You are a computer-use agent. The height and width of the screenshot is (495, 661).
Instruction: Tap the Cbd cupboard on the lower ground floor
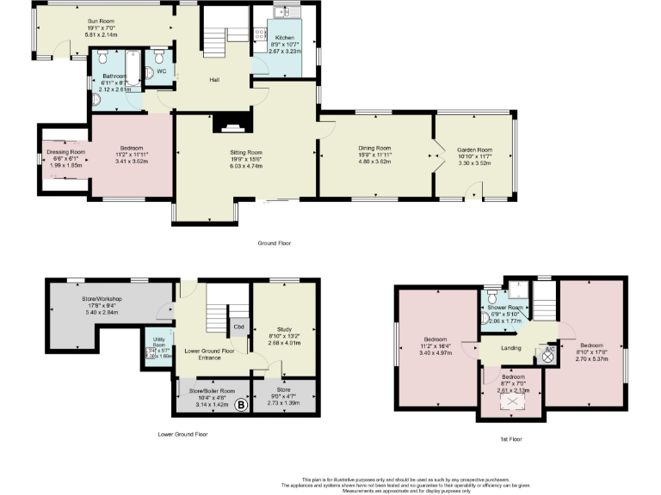(237, 327)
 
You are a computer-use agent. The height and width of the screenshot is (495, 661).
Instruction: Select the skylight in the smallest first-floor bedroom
(513, 401)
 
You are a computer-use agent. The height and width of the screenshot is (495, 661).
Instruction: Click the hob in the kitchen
(260, 36)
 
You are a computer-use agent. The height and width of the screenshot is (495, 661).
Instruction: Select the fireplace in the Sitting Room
(230, 125)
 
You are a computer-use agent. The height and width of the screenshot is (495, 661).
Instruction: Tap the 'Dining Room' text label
(374, 148)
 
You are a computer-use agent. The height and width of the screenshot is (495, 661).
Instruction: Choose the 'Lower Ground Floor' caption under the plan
(182, 435)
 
